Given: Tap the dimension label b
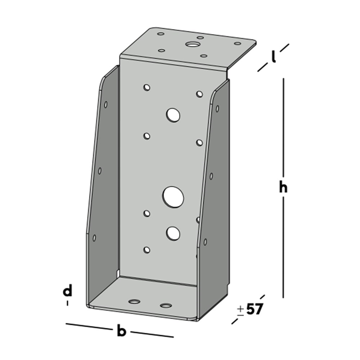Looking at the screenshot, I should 122,332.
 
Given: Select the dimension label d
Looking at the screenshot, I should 67,292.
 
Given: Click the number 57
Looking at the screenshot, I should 255,310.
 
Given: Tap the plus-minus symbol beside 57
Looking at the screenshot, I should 240,310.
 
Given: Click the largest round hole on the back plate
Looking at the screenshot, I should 173,198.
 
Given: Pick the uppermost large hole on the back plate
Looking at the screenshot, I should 173,115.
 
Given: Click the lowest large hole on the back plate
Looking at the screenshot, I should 173,233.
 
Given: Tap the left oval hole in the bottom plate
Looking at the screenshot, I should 134,301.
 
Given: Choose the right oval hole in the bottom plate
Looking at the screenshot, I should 166,306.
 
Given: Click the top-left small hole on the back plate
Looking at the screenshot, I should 146,88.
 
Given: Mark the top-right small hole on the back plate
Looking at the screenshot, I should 200,94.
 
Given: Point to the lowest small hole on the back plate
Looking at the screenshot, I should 146,250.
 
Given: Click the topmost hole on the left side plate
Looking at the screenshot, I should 106,104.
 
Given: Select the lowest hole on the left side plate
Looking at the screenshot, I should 94,238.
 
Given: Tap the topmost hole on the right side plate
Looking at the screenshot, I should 217,108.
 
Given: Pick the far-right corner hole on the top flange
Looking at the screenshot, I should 238,43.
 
